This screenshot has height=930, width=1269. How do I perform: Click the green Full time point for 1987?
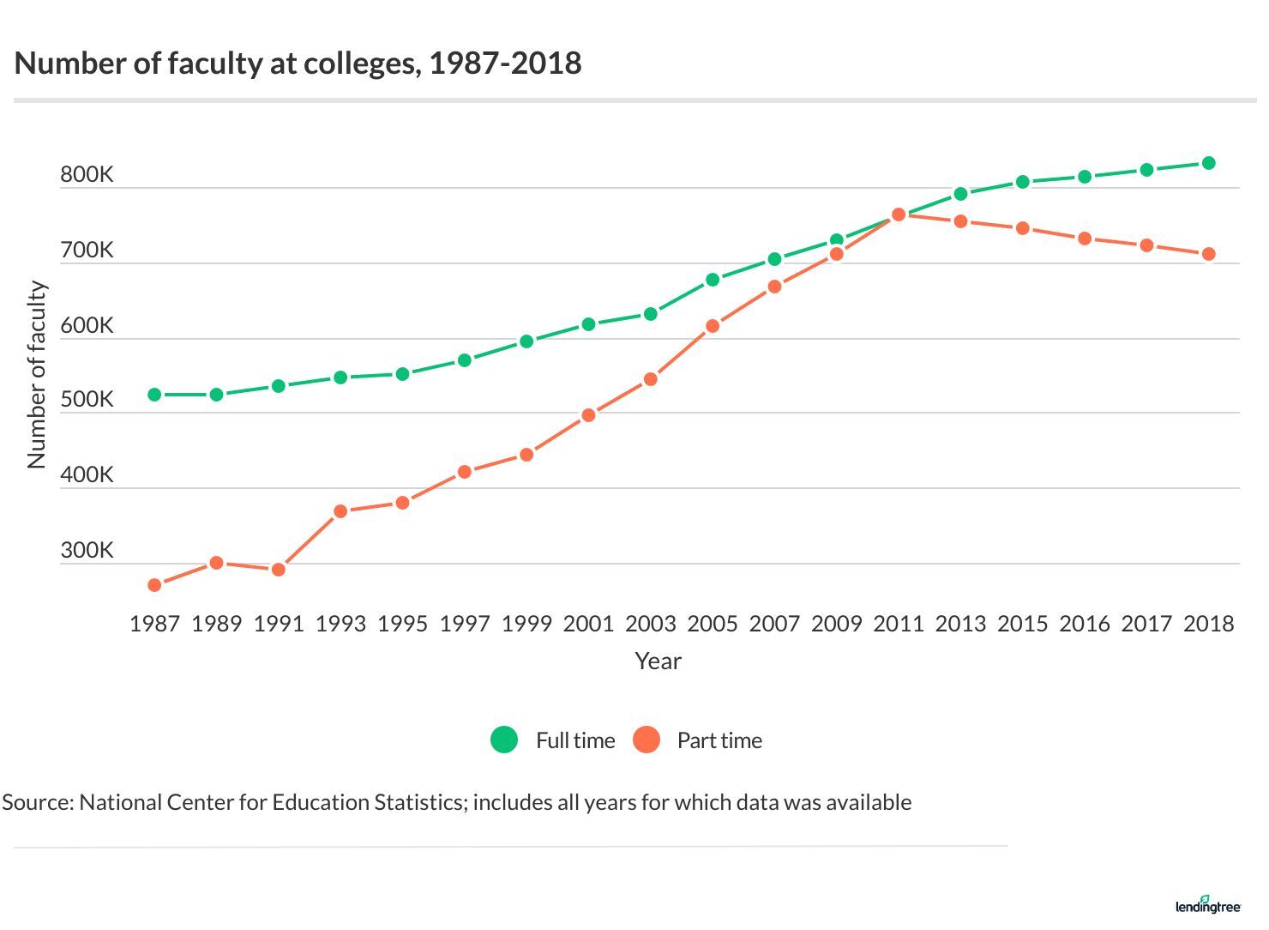[154, 395]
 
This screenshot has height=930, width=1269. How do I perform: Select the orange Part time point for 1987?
[154, 585]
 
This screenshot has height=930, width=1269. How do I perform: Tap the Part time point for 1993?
[340, 511]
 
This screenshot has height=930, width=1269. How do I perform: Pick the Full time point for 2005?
[713, 280]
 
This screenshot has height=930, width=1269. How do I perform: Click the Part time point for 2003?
[650, 379]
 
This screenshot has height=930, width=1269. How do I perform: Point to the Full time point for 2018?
[1208, 163]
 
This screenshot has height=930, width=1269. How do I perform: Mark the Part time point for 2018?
[1208, 254]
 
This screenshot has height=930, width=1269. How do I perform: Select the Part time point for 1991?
[279, 570]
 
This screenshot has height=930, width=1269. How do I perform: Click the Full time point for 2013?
[960, 194]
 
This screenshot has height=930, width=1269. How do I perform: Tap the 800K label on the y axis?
[87, 175]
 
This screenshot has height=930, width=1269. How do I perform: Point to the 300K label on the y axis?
[87, 551]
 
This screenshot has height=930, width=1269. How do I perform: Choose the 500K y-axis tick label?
[87, 400]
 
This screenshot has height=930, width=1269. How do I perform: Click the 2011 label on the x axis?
[899, 624]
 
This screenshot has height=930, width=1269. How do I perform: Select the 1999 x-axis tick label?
[526, 624]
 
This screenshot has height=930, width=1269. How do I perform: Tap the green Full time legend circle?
[504, 740]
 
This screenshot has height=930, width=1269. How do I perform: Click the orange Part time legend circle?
[647, 740]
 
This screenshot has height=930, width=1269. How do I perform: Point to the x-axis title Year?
[658, 661]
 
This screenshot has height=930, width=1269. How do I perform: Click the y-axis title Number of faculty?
[37, 375]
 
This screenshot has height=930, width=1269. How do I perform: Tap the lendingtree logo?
[1207, 904]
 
